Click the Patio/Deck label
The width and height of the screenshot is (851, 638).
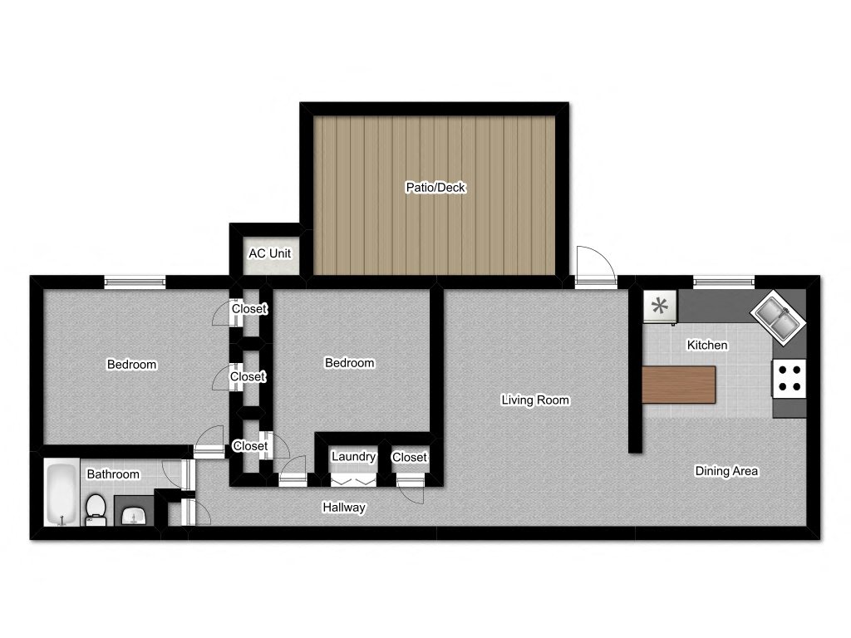point(435,188)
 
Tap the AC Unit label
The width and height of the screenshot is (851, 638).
point(270,253)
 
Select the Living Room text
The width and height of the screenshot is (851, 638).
point(535,400)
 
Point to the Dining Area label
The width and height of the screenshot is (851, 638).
point(726,471)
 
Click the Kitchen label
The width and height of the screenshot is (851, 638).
point(707,345)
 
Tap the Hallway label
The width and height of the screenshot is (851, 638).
point(344,508)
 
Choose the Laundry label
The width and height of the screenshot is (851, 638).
point(353,457)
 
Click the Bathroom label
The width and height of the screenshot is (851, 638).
point(113,474)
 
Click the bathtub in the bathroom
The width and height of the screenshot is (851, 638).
point(61,493)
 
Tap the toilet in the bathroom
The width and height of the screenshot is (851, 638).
point(96,510)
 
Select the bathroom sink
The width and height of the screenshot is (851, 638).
point(134,516)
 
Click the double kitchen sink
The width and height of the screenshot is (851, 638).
point(778,317)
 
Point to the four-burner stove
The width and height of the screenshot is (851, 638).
point(790,379)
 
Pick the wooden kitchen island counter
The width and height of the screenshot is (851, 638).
point(678,385)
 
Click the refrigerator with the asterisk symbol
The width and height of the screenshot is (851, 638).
point(660,307)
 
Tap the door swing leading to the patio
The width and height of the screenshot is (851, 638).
point(596,266)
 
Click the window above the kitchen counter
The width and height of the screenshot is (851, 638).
point(724,282)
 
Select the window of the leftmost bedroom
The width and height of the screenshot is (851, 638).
point(135,281)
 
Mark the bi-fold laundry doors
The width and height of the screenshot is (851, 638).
point(353,481)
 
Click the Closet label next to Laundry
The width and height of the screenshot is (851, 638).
point(409,458)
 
